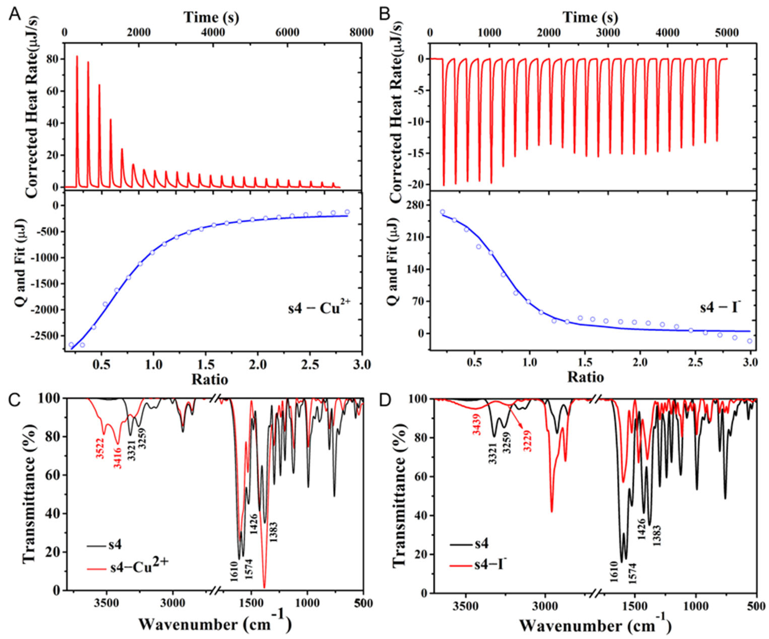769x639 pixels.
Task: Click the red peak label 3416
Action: coord(118,456)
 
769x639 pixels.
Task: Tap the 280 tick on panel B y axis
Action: coord(415,205)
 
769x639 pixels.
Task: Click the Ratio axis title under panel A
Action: coord(210,379)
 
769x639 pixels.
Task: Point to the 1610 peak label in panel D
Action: coord(614,572)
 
